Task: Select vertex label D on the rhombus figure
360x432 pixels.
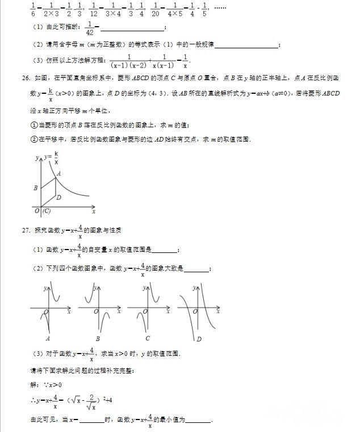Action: coord(58,198)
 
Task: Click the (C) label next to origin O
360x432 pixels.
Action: coord(47,211)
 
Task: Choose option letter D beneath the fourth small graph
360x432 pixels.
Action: coord(199,339)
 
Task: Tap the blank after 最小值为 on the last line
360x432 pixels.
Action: coord(198,421)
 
